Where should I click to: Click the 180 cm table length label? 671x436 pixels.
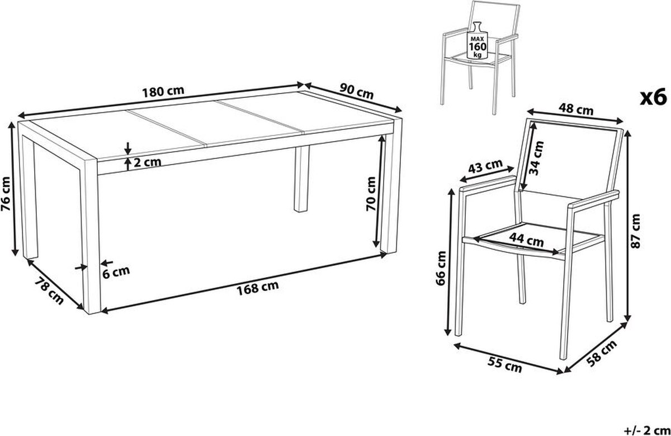[163, 92]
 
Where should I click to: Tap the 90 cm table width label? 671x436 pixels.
[357, 91]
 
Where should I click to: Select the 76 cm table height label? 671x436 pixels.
[6, 194]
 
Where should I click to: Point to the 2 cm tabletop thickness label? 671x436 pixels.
[147, 162]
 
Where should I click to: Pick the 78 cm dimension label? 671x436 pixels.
[49, 291]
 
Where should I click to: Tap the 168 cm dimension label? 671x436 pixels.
[258, 288]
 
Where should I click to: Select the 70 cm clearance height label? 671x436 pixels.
[371, 194]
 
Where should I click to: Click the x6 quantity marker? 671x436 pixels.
[654, 97]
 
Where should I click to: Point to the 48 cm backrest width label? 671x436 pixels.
[576, 109]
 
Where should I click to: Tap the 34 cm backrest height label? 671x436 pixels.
[536, 158]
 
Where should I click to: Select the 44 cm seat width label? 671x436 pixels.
[526, 240]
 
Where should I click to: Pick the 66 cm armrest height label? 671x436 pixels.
[441, 268]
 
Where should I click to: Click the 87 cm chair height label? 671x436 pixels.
[635, 231]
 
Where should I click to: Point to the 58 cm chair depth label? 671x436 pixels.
[602, 353]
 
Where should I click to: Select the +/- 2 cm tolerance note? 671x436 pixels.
[648, 430]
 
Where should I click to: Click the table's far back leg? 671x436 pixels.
[301, 179]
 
